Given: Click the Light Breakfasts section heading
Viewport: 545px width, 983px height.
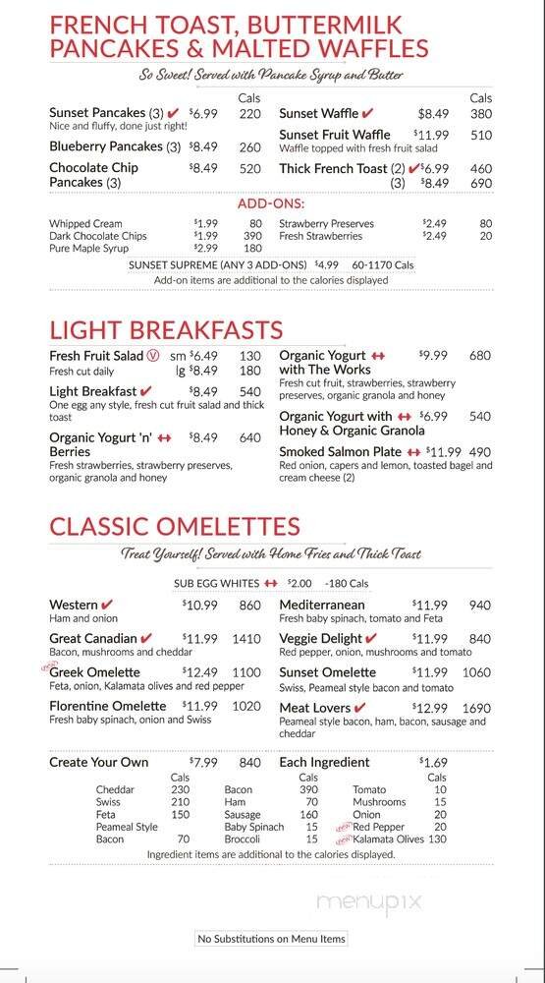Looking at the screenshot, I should click(x=166, y=330).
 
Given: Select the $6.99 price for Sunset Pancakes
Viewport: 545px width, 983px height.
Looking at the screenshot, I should click(x=203, y=113).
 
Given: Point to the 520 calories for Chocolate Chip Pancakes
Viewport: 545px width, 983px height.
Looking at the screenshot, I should click(x=249, y=168).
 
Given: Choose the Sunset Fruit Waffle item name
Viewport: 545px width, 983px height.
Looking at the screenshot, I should click(x=334, y=135).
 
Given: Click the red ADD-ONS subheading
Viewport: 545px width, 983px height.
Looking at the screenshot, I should click(x=271, y=203).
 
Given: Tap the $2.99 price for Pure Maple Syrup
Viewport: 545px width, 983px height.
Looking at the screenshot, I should click(x=205, y=248).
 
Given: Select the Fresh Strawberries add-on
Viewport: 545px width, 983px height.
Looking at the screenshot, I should click(x=320, y=236).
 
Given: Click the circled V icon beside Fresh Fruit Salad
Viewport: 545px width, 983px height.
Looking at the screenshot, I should click(x=152, y=356).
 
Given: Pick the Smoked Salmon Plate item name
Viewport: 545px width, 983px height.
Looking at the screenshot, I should click(x=341, y=451).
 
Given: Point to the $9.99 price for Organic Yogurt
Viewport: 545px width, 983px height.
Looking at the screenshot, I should click(x=432, y=355).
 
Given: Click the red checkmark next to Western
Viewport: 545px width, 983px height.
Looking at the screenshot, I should click(x=108, y=605).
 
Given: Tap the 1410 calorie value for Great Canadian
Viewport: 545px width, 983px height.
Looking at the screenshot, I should click(x=246, y=639).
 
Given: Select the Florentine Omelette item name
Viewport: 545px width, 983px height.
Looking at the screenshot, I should click(x=108, y=706).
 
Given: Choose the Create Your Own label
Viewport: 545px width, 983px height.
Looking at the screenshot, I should click(x=99, y=762).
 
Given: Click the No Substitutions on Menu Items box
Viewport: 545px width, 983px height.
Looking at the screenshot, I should click(x=272, y=939).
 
